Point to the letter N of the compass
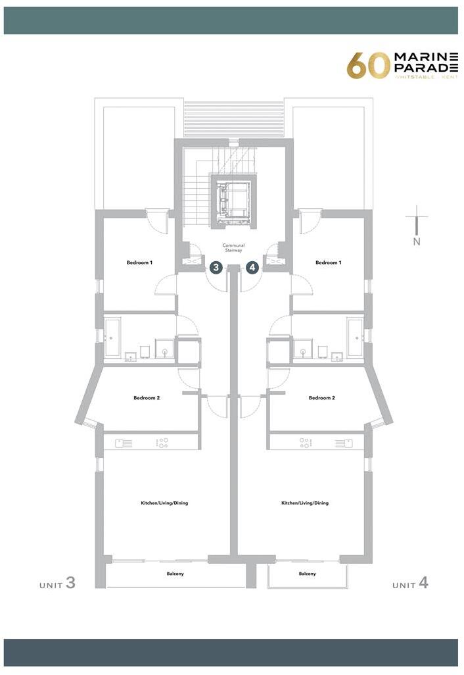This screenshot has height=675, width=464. pyautogui.click(x=416, y=241)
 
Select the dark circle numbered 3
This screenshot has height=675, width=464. pyautogui.click(x=216, y=267)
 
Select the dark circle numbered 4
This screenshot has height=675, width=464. pyautogui.click(x=252, y=267)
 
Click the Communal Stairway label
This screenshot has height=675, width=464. pyautogui.click(x=233, y=248)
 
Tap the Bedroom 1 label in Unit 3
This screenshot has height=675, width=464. pyautogui.click(x=139, y=262)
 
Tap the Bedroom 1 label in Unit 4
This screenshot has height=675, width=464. pyautogui.click(x=329, y=262)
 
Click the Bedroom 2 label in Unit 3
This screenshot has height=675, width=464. pyautogui.click(x=147, y=397)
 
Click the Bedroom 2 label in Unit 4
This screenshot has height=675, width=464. pyautogui.click(x=322, y=397)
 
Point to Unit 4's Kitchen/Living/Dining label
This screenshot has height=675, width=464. pyautogui.click(x=305, y=503)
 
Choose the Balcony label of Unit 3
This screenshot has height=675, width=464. pyautogui.click(x=175, y=574)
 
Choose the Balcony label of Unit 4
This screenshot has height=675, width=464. pyautogui.click(x=308, y=574)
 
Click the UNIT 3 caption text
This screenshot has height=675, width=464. pyautogui.click(x=58, y=584)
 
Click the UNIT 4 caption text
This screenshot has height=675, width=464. pyautogui.click(x=410, y=584)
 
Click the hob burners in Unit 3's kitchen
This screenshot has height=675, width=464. pyautogui.click(x=162, y=443)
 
